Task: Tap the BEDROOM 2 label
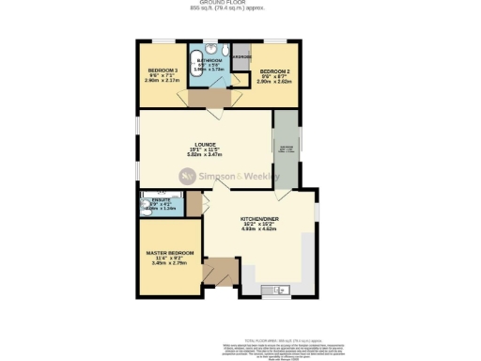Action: click(274, 71)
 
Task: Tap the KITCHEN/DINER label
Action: click(257, 218)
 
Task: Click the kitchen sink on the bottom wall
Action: click(277, 290)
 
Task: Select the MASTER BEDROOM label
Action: click(170, 253)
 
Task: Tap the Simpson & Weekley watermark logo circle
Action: click(187, 175)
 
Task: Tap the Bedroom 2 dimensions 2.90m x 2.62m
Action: click(274, 82)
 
